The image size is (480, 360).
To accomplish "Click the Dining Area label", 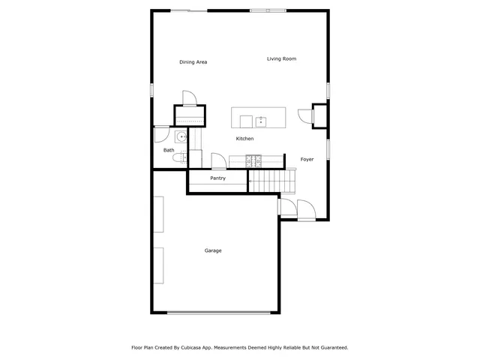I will (193, 62).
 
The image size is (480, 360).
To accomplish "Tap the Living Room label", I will (281, 58).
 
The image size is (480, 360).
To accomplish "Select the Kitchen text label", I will (244, 139).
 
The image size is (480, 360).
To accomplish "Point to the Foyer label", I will (307, 159).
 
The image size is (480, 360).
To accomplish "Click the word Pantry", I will (217, 178).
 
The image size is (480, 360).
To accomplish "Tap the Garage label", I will (213, 250).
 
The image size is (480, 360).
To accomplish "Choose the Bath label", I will (169, 150).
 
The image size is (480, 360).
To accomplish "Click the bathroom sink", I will (181, 137).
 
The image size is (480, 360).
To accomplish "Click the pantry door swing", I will (218, 161).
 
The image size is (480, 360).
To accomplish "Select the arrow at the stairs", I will (250, 181).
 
